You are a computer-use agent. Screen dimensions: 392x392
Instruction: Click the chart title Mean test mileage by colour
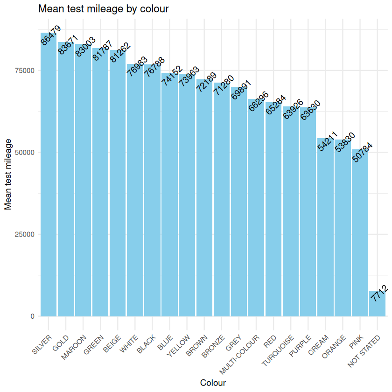click(103, 8)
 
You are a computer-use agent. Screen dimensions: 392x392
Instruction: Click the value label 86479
click(50, 35)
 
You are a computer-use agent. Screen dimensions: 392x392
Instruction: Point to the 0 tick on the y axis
click(32, 316)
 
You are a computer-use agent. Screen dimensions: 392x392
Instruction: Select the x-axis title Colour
click(213, 383)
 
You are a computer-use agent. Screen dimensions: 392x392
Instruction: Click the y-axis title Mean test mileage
click(8, 173)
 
